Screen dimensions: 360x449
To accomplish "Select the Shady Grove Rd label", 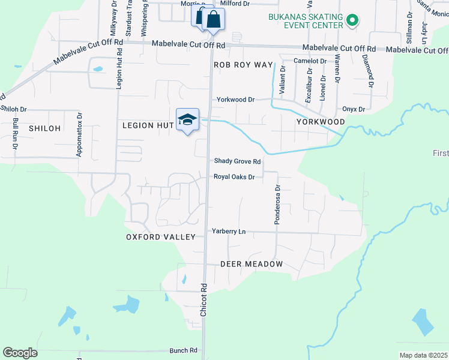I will pos(238,161).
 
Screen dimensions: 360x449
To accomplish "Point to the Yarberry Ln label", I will pos(229,231).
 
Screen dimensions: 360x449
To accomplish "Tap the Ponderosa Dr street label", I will pos(277,205).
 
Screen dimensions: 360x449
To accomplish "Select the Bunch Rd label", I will pos(184,350).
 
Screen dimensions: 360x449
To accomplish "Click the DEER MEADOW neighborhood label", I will pos(251,264).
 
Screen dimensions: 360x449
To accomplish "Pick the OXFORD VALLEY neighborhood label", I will pos(160,237).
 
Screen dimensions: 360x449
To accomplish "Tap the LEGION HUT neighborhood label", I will pos(148,125).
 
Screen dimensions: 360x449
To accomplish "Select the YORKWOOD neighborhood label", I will pos(321,122).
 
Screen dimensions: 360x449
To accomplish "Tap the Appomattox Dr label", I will pos(79,135).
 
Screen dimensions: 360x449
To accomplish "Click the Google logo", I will pos(20,353).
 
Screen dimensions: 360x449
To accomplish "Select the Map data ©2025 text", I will pos(423,355).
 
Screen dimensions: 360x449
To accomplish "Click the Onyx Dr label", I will pos(354,109).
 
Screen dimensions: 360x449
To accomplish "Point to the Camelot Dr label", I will pos(310,61).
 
